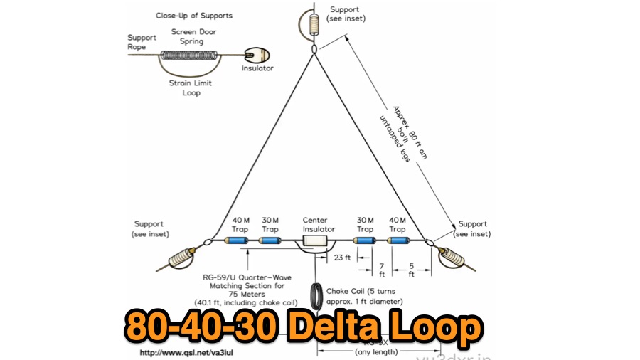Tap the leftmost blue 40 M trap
point(237,242)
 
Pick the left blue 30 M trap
point(270,242)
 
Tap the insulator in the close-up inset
point(253,55)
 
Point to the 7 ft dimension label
point(381,270)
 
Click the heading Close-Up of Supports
point(193,16)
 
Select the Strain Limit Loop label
point(191,88)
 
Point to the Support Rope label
point(142,42)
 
